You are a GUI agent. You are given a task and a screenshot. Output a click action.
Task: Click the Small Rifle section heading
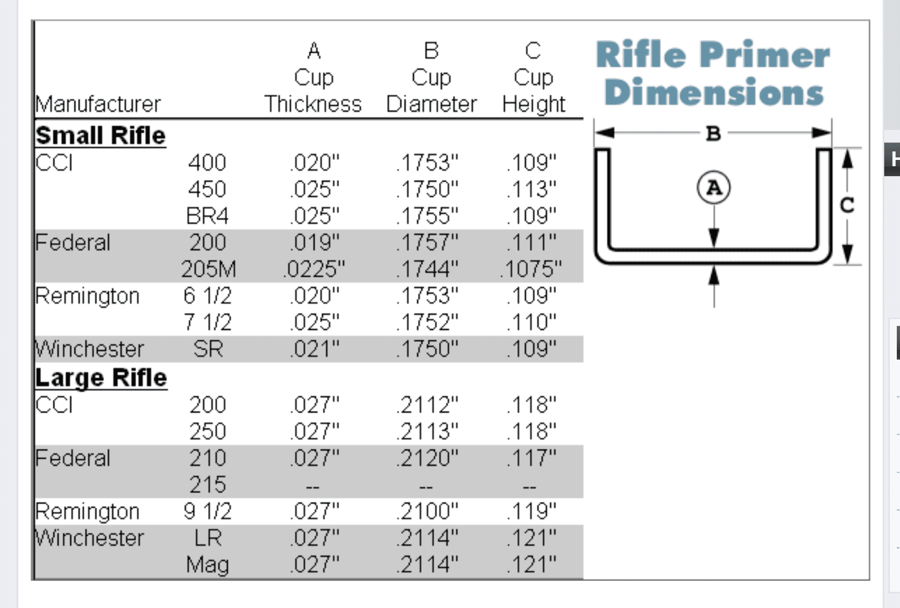100,135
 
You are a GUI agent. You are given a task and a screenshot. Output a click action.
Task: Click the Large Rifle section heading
101,378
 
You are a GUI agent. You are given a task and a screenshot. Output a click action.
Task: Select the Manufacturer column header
98,104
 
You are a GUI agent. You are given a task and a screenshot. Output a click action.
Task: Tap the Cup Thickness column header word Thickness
313,104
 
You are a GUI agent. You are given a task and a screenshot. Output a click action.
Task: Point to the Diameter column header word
432,104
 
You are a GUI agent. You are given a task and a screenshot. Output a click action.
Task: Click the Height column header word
534,105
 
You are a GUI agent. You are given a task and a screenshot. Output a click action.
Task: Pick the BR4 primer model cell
207,216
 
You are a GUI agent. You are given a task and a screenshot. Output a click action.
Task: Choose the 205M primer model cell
209,269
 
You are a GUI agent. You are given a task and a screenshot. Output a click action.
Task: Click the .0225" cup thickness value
314,269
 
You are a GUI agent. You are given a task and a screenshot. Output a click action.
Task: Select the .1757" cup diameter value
427,242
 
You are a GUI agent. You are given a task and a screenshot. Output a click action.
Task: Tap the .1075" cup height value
531,269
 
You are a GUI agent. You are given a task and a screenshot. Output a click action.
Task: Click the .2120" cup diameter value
427,458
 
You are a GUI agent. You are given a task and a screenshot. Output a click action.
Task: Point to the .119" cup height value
531,511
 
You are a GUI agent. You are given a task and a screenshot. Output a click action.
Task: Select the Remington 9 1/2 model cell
207,511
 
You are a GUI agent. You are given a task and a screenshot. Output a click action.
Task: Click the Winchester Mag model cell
207,564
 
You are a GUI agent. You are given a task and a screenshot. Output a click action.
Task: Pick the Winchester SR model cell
208,349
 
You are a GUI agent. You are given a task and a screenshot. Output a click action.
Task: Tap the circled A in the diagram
713,188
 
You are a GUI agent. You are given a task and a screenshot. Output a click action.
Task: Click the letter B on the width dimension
713,134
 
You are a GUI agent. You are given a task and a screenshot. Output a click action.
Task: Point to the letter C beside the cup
847,205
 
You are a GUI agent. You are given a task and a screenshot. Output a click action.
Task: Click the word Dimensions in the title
714,92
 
